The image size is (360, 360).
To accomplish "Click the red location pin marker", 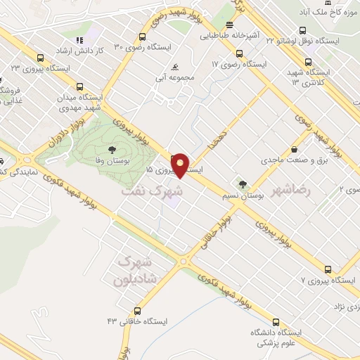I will point(181,165).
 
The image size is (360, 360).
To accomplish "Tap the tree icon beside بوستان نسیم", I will point(243,184).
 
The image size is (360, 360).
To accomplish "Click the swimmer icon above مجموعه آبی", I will point(174,67).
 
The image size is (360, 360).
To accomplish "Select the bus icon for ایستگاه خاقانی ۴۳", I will point(138,310).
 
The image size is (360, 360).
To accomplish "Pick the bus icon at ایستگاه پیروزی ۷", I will point(328,269).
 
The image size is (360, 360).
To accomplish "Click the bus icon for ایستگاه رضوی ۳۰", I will point(143,36).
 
